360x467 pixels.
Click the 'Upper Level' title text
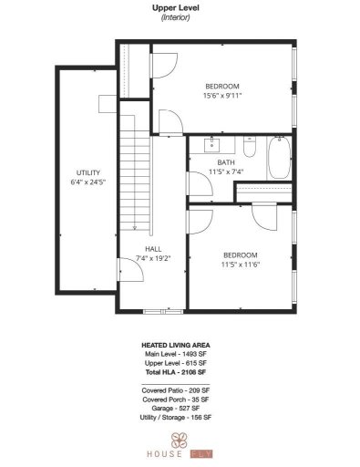pos(176,7)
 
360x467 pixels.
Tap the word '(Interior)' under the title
pos(176,17)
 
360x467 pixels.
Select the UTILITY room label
pos(87,172)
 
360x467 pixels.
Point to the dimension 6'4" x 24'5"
pos(87,182)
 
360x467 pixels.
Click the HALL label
pos(152,248)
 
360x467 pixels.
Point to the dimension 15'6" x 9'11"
pos(222,94)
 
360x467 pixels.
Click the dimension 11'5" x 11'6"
pos(240,265)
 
